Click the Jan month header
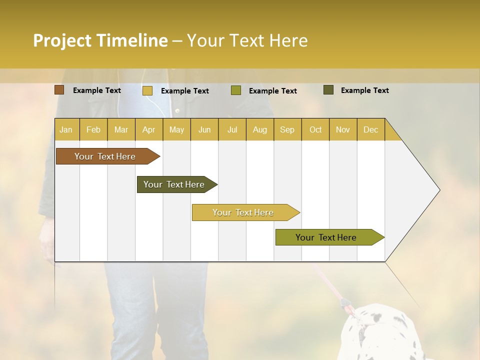click(x=66, y=129)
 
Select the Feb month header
click(x=93, y=129)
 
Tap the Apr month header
click(x=148, y=129)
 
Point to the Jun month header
click(x=204, y=129)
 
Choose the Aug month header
click(x=259, y=129)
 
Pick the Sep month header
click(x=287, y=129)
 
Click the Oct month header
click(x=315, y=129)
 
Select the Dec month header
click(x=370, y=129)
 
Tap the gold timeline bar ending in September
click(x=243, y=212)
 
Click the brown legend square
click(x=59, y=90)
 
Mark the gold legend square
click(x=147, y=90)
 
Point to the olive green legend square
click(x=235, y=90)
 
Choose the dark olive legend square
click(x=328, y=90)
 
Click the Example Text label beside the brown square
click(x=97, y=90)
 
